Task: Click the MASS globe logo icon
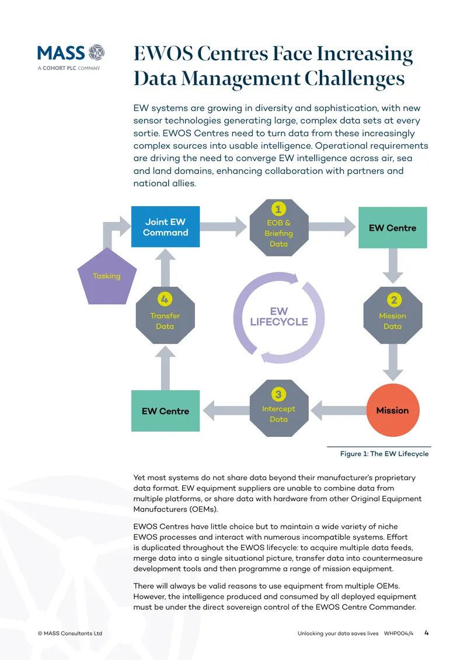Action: pos(96,53)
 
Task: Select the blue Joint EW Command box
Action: pos(165,227)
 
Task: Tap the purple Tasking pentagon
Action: pos(107,276)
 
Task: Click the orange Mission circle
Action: pos(392,410)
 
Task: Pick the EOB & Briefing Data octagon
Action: pos(279,228)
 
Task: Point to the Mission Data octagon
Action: pos(392,315)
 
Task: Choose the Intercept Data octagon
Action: pos(279,408)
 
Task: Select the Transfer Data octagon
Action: pos(165,315)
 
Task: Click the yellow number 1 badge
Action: pos(278,209)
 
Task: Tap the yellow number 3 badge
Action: pos(278,394)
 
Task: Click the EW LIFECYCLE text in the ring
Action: pos(279,317)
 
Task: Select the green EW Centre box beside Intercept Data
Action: pos(165,411)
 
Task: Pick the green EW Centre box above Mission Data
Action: pos(392,227)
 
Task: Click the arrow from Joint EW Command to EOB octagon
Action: pos(224,227)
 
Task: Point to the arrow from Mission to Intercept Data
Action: pos(338,411)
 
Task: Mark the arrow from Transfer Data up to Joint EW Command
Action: pos(165,268)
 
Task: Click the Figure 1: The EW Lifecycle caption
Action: pos(384,454)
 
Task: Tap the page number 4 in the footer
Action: pos(427,633)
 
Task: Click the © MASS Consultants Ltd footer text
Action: pos(70,633)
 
